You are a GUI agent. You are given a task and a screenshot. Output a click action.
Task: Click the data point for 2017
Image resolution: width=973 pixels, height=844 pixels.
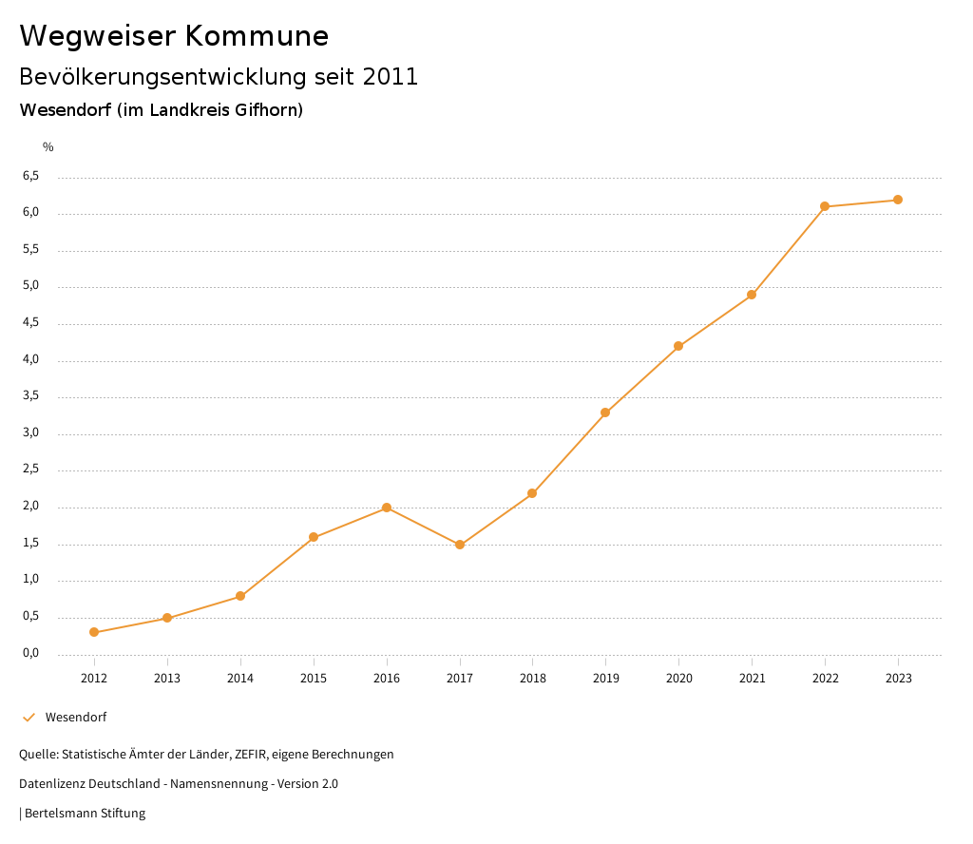[460, 545]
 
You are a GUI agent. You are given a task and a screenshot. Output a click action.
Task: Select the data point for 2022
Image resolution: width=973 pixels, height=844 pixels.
[825, 206]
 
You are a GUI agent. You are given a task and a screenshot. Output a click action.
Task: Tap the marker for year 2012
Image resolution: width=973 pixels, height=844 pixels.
[94, 632]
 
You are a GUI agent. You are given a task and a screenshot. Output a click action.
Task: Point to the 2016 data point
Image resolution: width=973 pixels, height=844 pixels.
[387, 508]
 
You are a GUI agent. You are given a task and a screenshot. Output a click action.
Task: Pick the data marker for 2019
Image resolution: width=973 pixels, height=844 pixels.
[605, 412]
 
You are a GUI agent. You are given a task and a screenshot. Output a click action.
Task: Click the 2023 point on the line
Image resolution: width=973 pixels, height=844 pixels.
[898, 200]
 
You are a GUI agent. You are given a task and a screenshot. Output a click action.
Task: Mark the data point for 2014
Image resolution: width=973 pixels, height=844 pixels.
[240, 596]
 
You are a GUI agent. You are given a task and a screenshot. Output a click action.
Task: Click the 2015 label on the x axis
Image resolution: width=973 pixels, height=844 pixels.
[314, 679]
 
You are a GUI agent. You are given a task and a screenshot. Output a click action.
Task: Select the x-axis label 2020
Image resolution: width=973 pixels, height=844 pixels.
[678, 679]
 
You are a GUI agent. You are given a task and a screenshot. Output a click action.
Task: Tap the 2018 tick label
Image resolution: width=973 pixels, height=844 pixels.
[532, 679]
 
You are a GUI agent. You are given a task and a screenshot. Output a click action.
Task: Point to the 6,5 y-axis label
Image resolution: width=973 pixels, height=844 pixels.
[31, 176]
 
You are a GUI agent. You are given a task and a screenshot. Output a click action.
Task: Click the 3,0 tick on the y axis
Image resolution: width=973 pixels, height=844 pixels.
[31, 432]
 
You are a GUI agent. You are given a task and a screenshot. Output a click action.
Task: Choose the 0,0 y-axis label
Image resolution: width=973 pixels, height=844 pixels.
[31, 653]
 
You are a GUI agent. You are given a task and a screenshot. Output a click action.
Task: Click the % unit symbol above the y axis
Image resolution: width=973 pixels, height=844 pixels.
[48, 146]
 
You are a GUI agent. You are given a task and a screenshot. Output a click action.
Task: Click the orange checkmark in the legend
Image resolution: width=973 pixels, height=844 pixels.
[29, 717]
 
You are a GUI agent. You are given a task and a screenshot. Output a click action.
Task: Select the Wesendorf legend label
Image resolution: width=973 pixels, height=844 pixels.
[76, 717]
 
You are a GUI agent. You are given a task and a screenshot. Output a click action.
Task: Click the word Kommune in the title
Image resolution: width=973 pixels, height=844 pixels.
[257, 36]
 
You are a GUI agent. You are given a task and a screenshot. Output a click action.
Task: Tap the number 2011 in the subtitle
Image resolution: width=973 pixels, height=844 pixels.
[391, 77]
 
